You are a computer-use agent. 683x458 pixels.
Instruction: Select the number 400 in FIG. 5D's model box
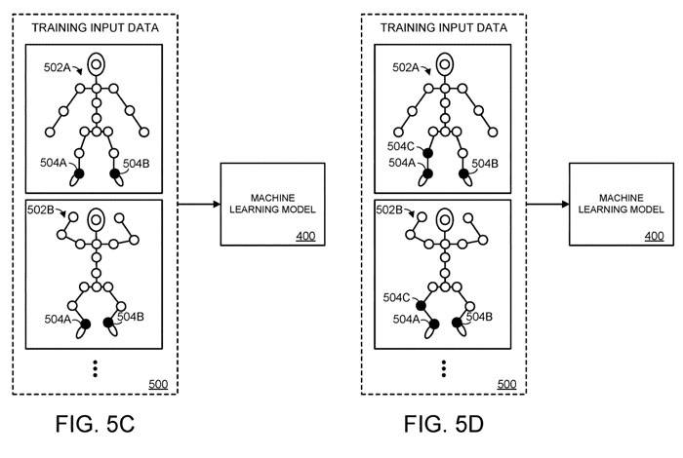point(654,236)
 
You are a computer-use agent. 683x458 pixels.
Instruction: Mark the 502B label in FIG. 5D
point(391,211)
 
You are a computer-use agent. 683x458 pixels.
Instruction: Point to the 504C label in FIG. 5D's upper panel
point(390,146)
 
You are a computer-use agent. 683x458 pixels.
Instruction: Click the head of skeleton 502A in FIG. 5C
point(96,65)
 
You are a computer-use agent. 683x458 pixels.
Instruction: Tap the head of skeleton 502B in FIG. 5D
point(445,217)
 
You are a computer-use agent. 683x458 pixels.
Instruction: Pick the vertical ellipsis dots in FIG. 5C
point(95,367)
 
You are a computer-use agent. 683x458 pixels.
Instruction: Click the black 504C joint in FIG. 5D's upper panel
point(428,154)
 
